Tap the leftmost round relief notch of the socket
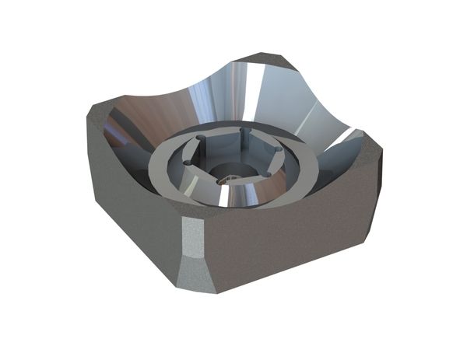click(188, 162)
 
